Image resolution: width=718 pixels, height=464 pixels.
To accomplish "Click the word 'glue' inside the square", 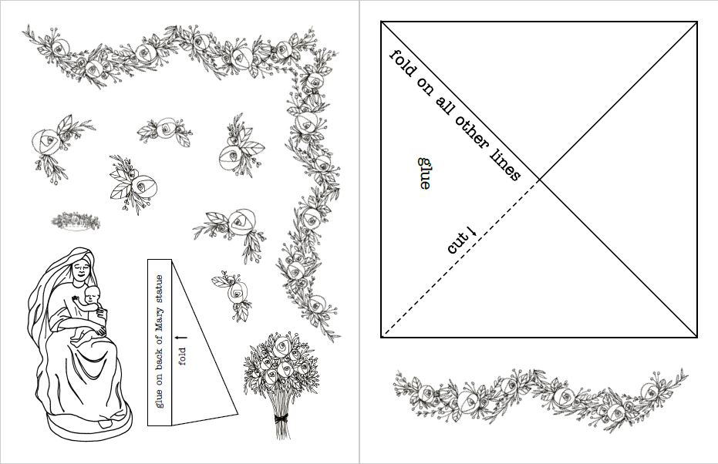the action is click(424, 173).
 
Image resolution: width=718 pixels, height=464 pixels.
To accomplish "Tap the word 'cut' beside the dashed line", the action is click(458, 244).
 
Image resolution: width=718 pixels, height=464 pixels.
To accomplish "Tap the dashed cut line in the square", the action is click(461, 258).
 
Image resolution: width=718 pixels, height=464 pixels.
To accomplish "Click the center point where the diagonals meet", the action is click(540, 180).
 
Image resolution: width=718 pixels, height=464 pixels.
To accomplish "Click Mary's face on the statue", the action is click(81, 270).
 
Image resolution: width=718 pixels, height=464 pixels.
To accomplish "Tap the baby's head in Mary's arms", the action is click(91, 294).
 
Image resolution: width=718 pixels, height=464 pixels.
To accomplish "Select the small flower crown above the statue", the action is click(76, 221).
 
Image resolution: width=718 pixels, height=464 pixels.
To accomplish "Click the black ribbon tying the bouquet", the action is click(281, 419).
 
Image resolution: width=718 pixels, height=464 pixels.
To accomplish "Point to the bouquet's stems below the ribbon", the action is click(283, 432).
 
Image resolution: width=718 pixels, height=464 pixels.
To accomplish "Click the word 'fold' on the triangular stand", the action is click(182, 357).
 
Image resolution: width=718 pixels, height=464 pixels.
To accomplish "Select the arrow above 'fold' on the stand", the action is click(182, 338).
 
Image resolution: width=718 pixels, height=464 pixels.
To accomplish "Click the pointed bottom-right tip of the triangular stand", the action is click(238, 415).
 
